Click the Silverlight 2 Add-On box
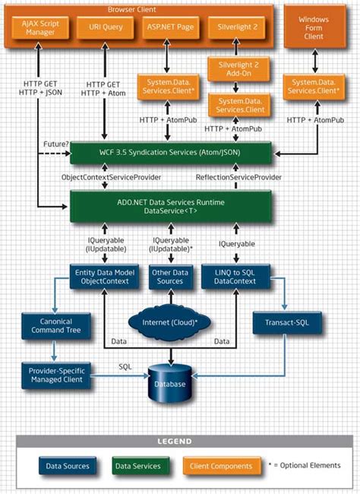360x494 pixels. coord(236,70)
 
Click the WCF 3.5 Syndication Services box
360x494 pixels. coord(170,154)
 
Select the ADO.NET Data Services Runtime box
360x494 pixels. coord(170,206)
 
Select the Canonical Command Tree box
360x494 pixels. coord(55,326)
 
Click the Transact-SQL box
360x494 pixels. coord(286,323)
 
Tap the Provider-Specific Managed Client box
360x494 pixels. coord(56,375)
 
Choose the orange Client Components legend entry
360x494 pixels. coord(220,465)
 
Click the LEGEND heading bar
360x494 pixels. coord(181,441)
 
